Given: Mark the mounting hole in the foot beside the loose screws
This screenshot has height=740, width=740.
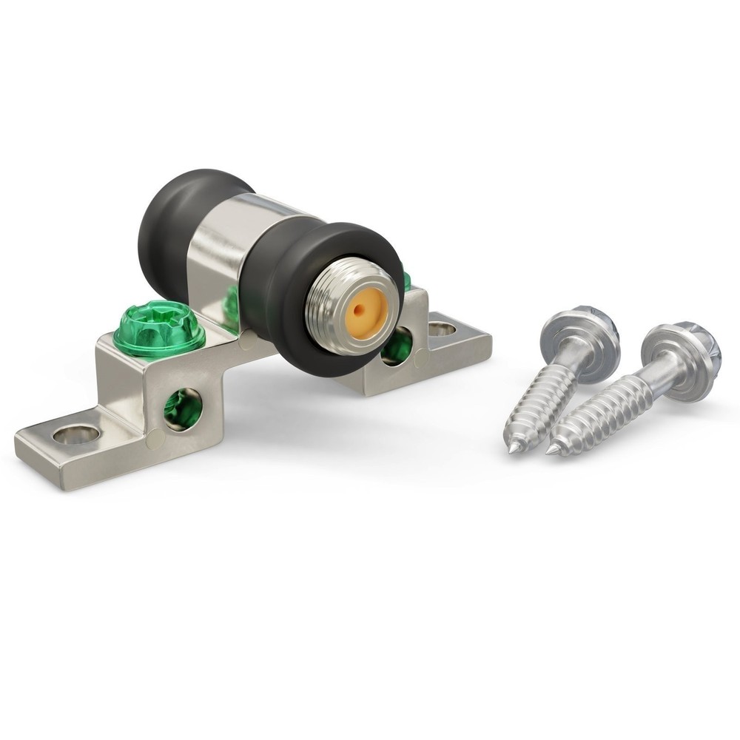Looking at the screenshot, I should (443, 328).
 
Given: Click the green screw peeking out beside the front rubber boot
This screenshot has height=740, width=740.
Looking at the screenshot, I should (405, 280).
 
